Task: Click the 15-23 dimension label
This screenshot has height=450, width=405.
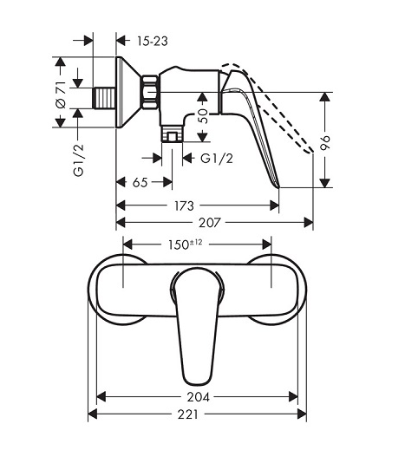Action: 152,41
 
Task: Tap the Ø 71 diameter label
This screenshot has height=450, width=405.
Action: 62,95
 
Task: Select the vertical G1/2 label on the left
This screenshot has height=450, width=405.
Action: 79,160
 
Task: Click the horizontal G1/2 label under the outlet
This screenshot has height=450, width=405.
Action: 217,159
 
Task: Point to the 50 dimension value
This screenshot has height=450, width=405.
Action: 203,116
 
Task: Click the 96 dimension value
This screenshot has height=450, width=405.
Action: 325,142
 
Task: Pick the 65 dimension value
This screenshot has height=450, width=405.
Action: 140,182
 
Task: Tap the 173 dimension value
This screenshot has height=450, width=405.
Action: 184,205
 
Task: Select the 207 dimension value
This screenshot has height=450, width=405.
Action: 210,223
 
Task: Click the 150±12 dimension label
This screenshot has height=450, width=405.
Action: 186,245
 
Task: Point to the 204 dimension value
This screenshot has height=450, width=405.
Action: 198,397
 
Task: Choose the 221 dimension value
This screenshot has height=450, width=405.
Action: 188,414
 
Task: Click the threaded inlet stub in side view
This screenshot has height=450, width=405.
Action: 104,98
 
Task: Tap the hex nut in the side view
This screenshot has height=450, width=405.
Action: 150,93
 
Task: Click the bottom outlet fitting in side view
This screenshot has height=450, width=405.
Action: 172,134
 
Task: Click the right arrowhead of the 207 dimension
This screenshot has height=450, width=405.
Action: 309,223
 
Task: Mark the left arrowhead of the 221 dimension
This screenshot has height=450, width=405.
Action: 92,414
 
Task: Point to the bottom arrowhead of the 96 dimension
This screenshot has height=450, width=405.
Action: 325,183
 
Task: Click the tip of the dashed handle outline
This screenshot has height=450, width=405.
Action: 311,151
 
